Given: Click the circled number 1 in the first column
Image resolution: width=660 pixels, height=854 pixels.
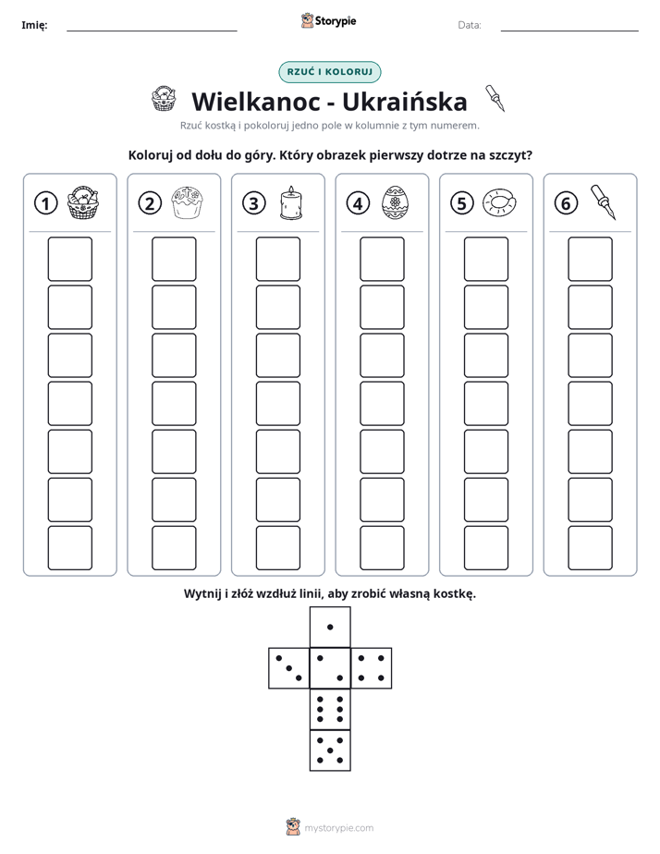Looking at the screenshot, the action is (45, 203).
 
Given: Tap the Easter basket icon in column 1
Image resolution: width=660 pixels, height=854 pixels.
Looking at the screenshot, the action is (83, 202).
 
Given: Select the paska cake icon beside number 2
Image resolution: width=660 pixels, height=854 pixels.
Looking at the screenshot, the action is (187, 202).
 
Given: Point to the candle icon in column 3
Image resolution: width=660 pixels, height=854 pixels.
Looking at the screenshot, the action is (291, 202).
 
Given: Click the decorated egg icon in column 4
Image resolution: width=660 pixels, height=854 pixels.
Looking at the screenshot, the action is (395, 202).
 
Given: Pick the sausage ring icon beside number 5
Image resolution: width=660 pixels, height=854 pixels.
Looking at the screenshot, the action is (499, 202).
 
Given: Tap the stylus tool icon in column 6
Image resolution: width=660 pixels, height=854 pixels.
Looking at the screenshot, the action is (604, 202).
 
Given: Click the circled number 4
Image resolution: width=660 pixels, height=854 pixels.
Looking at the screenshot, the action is (358, 203).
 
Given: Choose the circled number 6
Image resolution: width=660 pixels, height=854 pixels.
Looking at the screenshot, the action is (566, 203).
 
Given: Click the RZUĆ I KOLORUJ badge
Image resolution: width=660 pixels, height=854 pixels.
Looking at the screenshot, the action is (330, 72).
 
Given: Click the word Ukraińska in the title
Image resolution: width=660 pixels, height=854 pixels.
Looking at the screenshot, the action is (405, 102).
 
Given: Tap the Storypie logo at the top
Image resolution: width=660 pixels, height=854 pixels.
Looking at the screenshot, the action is (328, 20).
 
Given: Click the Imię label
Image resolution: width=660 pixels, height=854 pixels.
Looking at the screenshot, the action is (34, 25).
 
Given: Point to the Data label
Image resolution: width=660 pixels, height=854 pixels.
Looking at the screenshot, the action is (470, 25).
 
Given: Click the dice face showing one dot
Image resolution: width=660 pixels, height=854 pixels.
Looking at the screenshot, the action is (330, 627).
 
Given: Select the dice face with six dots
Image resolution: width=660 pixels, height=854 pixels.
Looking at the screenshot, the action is (330, 709).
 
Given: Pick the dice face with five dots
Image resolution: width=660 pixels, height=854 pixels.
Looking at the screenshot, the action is (330, 750).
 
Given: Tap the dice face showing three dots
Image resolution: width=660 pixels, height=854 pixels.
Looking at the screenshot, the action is (289, 668).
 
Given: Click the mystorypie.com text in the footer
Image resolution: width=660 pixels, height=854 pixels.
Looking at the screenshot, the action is (338, 828).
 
